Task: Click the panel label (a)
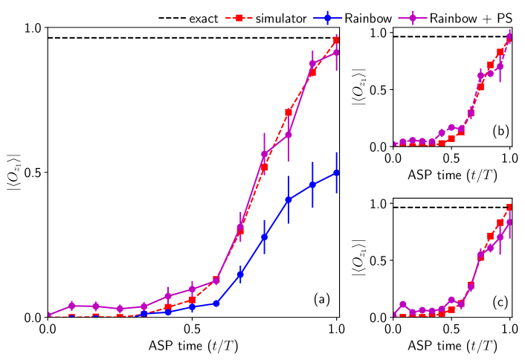[x=321, y=299]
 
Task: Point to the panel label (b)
[x=500, y=131]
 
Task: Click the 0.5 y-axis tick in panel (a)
[x=32, y=173]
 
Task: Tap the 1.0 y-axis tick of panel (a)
[x=32, y=28]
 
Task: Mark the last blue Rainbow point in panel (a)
[x=337, y=173]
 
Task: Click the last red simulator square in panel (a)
[x=337, y=40]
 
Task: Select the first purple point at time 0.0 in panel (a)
[x=48, y=315]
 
